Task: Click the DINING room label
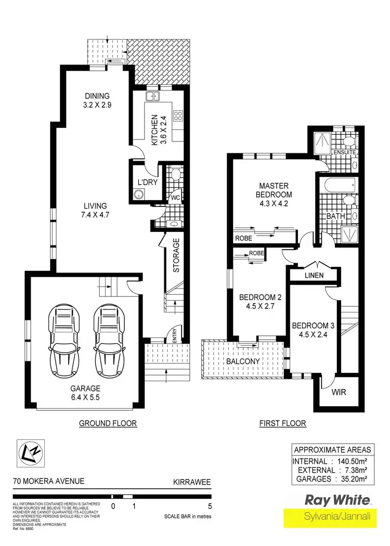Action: pos(98,96)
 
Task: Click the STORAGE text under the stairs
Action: pos(176,255)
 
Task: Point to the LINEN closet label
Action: pos(315,275)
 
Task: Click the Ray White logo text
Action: pos(338,500)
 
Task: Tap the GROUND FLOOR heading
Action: pos(108,423)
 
